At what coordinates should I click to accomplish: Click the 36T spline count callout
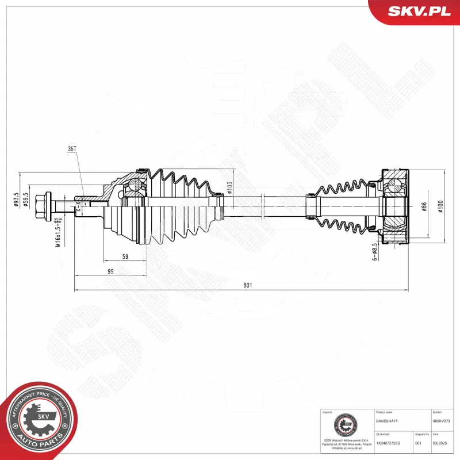pyautogui.click(x=72, y=148)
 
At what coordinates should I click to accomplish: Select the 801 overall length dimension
pyautogui.click(x=247, y=285)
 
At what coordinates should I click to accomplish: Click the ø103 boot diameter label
pyautogui.click(x=229, y=188)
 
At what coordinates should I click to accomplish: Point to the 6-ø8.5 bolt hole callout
pyautogui.click(x=374, y=252)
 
